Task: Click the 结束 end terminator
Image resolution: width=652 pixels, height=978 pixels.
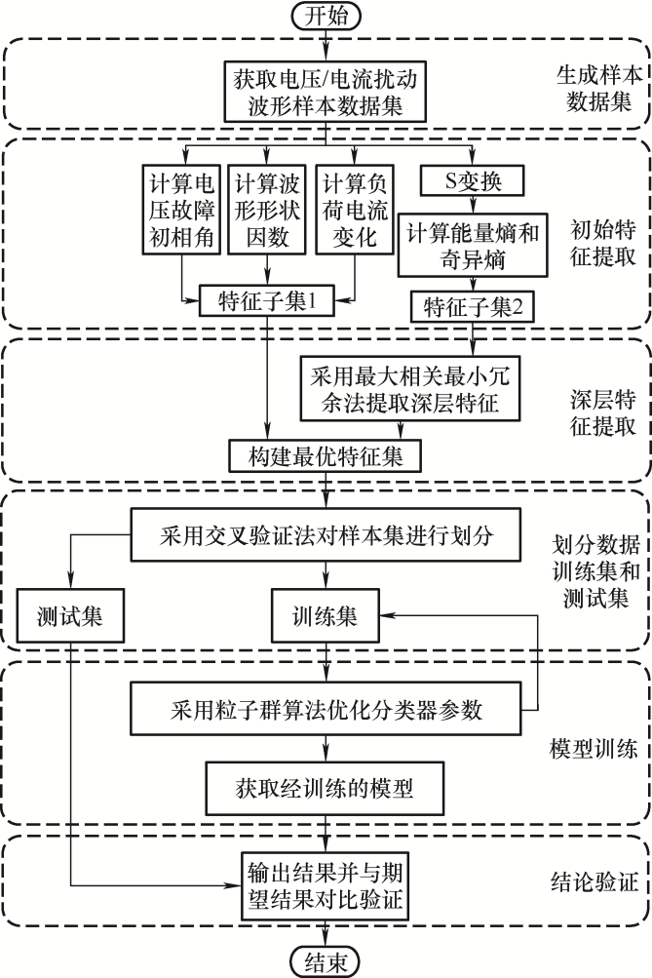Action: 326,961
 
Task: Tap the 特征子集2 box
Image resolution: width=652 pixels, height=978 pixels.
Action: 474,307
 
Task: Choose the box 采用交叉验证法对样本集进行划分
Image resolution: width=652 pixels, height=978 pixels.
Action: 326,535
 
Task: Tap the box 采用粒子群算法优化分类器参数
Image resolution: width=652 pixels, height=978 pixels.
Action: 326,709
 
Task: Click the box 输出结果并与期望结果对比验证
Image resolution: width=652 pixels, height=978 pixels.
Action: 326,883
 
